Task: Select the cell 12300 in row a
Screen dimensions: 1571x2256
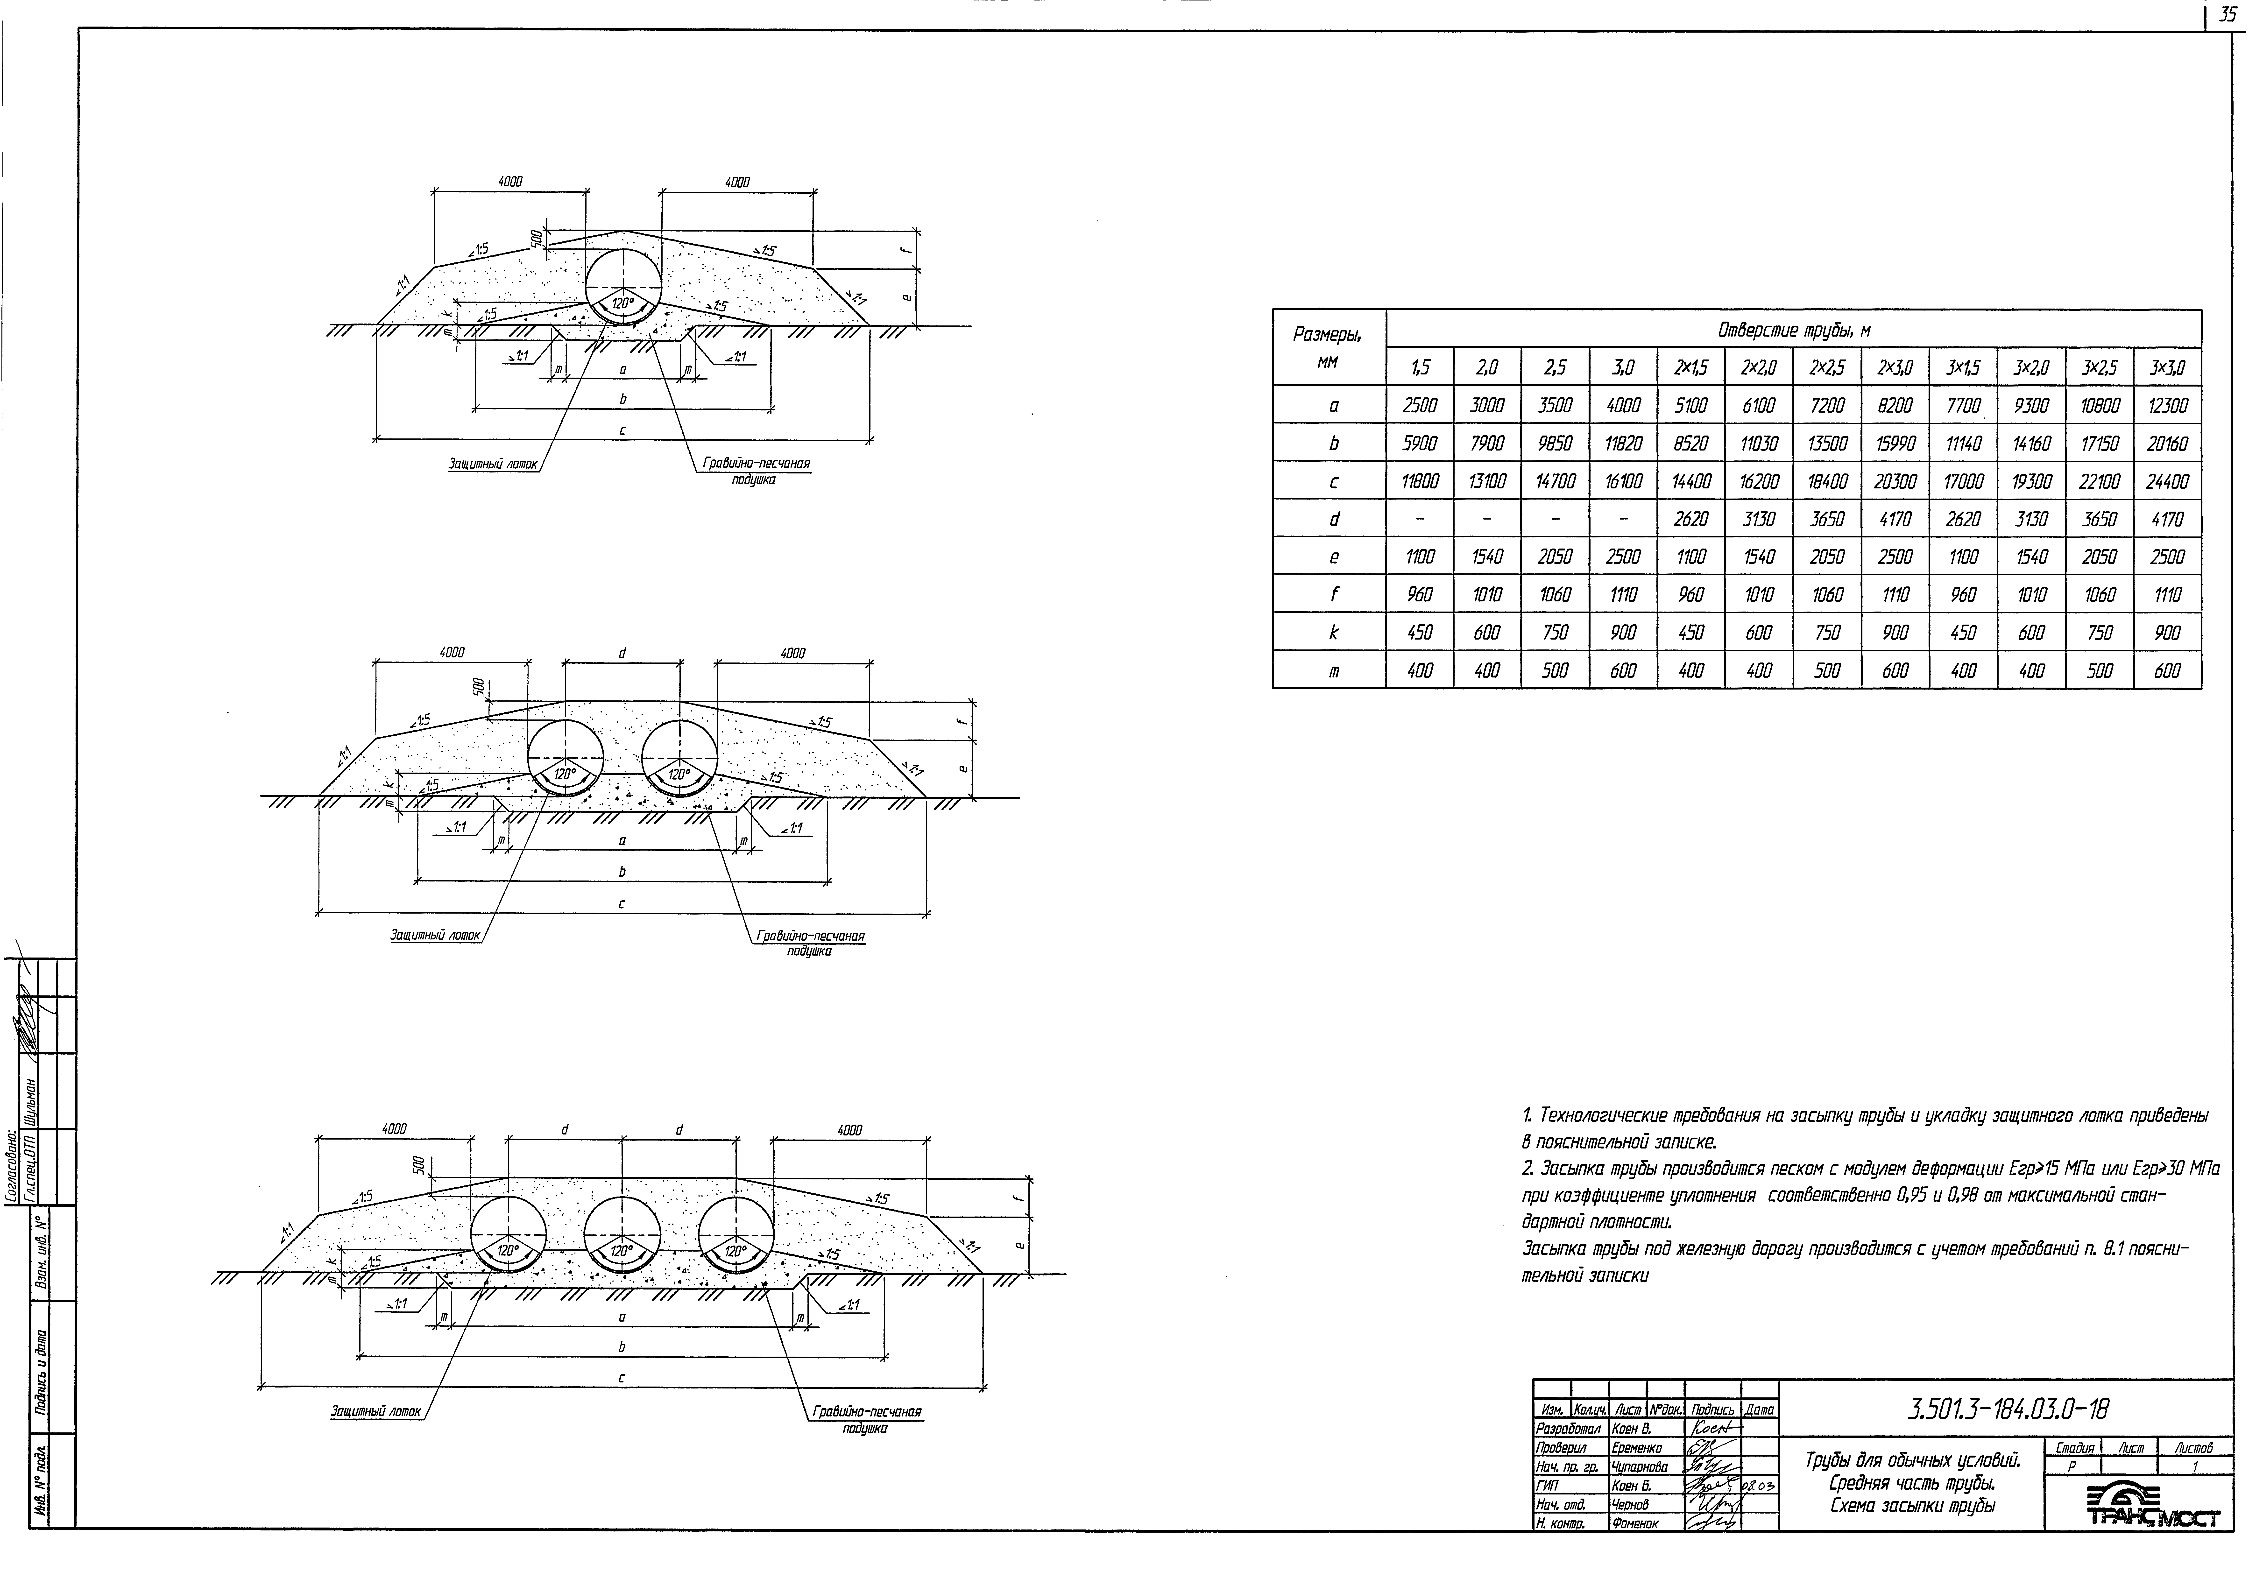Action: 2167,405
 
